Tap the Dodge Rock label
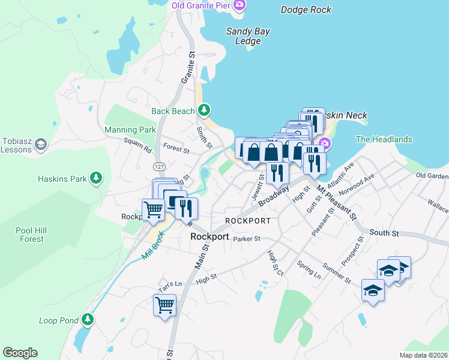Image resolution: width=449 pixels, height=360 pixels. click(306, 10)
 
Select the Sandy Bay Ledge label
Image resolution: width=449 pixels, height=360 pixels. click(248, 37)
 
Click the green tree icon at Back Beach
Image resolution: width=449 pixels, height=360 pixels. click(205, 110)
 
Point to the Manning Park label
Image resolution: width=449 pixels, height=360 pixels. click(130, 130)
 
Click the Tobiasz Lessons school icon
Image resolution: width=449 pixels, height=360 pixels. click(41, 144)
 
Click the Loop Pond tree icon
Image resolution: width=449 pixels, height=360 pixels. click(88, 320)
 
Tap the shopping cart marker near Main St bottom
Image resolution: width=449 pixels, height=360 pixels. click(165, 305)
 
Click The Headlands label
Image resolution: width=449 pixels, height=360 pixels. click(384, 139)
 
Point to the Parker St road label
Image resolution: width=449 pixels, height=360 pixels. click(246, 238)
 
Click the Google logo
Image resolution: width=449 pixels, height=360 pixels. click(20, 353)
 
